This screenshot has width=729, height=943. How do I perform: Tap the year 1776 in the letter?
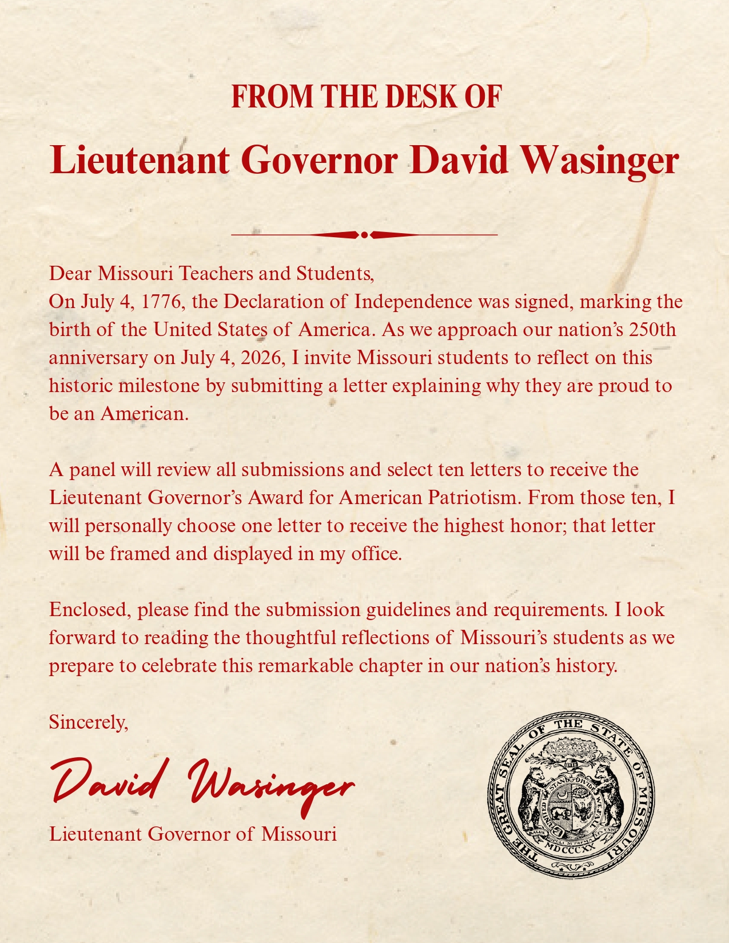[x=161, y=301]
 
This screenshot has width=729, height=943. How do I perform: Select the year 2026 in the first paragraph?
[x=261, y=357]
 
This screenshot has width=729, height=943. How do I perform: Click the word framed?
[x=140, y=553]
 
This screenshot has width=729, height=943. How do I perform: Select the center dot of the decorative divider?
[x=364, y=234]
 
